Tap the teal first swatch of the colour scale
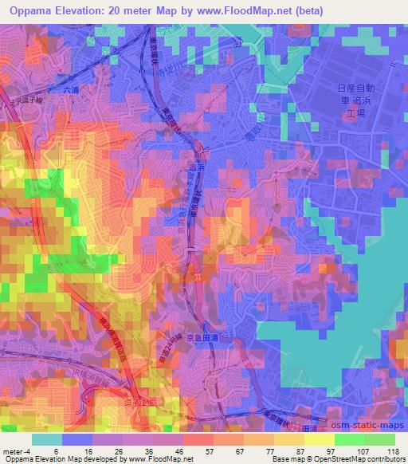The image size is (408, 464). coord(47,439)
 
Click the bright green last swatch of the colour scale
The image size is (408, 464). coord(379,439)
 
